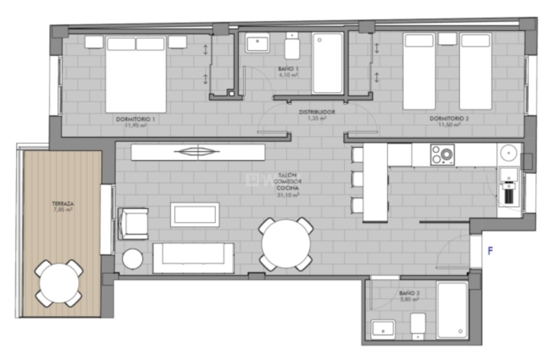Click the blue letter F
(491, 251)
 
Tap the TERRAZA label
(63, 204)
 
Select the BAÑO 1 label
(288, 69)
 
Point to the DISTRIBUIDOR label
(317, 112)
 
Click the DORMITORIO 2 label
(449, 119)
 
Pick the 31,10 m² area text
(288, 194)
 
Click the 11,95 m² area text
(135, 125)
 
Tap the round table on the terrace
(59, 283)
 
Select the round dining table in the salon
(286, 244)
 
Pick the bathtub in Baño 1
(328, 63)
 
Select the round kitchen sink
(509, 153)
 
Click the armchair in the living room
(133, 224)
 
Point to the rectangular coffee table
(195, 214)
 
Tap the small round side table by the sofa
(132, 259)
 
